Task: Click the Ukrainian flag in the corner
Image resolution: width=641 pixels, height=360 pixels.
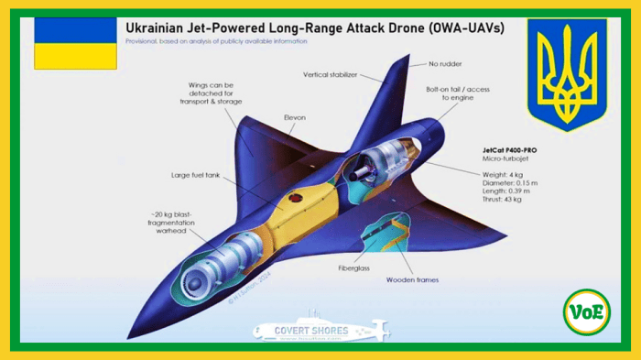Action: (75, 42)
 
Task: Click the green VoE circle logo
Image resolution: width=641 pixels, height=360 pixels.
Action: (585, 312)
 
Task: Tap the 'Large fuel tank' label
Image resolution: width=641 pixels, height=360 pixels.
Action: (193, 174)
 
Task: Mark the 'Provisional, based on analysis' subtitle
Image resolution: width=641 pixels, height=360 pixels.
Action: (216, 41)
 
